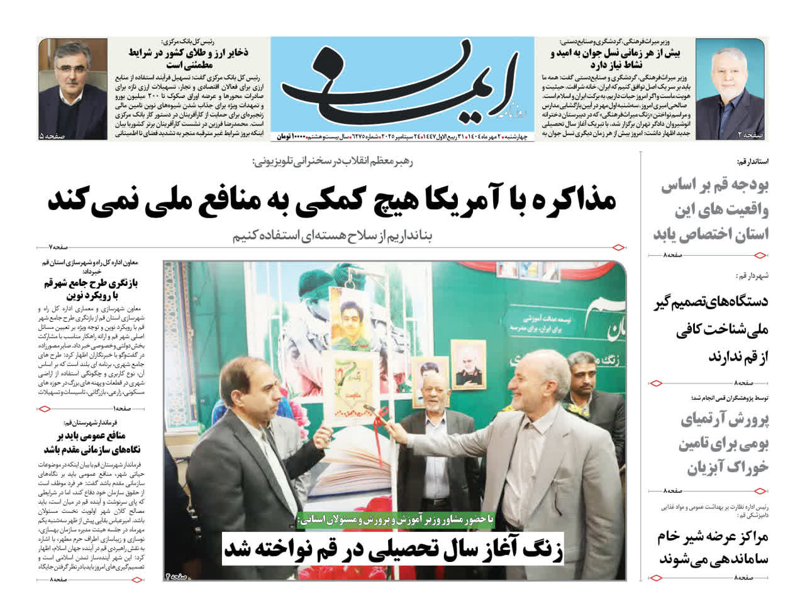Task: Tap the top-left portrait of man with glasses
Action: click(73, 89)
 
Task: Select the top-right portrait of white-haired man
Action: click(731, 89)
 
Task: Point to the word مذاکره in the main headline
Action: click(559, 201)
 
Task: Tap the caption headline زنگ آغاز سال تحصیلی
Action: click(394, 548)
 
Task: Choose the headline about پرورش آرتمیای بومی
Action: click(723, 444)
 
